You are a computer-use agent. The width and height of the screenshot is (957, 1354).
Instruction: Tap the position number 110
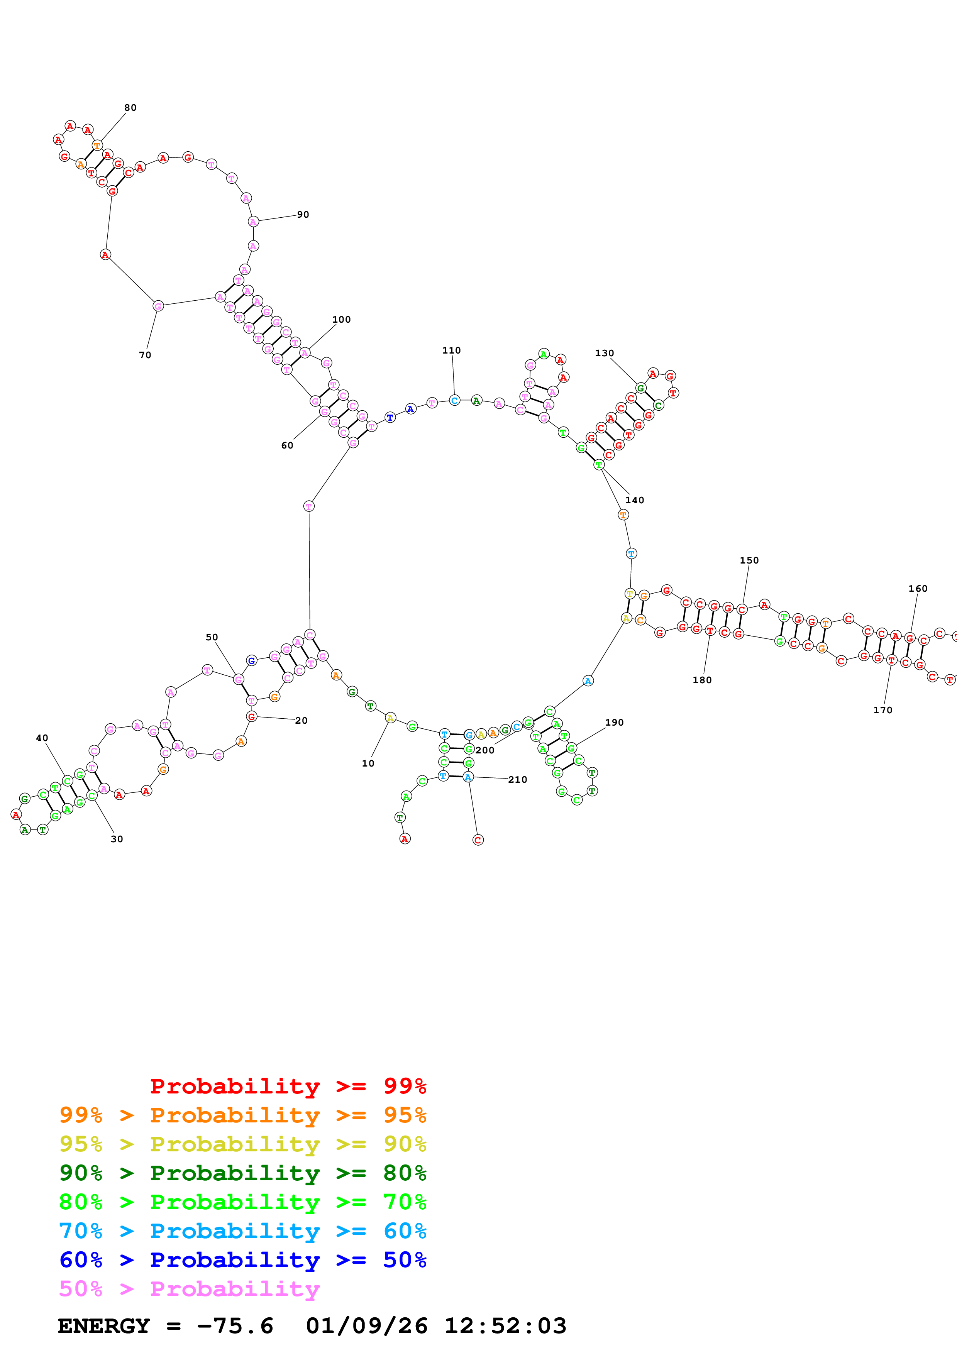(x=452, y=350)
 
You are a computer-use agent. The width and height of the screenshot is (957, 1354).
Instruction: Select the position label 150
(x=749, y=560)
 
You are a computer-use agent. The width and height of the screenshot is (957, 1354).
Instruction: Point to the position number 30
(x=117, y=839)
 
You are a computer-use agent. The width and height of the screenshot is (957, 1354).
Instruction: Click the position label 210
(x=518, y=780)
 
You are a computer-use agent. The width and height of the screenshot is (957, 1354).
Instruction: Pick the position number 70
(x=145, y=355)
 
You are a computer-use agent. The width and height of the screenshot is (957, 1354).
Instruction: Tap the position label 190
(x=615, y=723)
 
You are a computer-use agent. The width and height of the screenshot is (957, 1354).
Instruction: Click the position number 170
(x=883, y=710)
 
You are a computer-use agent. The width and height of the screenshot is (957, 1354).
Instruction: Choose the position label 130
(x=605, y=353)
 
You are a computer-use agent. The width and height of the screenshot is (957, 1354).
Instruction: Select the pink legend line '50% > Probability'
(x=189, y=1289)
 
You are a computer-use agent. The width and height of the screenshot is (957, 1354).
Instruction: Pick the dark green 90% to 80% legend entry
(x=243, y=1173)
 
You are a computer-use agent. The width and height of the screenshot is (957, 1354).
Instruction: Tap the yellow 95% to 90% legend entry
(x=243, y=1144)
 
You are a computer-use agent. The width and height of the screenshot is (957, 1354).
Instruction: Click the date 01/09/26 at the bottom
(x=367, y=1326)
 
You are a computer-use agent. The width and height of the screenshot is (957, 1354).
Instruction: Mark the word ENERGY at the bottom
(x=104, y=1326)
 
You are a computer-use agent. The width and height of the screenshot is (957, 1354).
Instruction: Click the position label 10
(x=368, y=763)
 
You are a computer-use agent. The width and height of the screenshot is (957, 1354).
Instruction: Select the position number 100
(x=341, y=320)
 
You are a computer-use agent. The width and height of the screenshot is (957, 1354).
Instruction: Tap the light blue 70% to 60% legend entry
(x=243, y=1231)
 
